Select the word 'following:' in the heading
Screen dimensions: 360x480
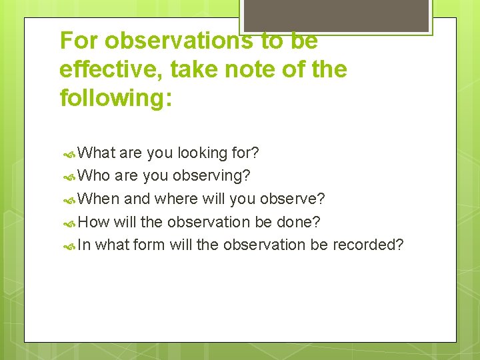click(x=116, y=99)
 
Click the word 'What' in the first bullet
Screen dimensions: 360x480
click(x=97, y=153)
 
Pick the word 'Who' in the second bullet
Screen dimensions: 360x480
click(x=94, y=176)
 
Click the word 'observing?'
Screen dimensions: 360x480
click(x=211, y=176)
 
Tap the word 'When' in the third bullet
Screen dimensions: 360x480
click(x=99, y=199)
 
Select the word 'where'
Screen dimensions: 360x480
click(x=176, y=199)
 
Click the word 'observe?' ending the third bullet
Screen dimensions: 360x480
click(x=293, y=199)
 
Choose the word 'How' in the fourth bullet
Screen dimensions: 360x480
click(x=93, y=221)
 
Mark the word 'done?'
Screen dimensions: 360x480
click(x=303, y=221)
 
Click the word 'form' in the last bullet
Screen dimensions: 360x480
click(x=149, y=245)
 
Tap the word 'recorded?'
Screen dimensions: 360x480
click(x=368, y=245)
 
